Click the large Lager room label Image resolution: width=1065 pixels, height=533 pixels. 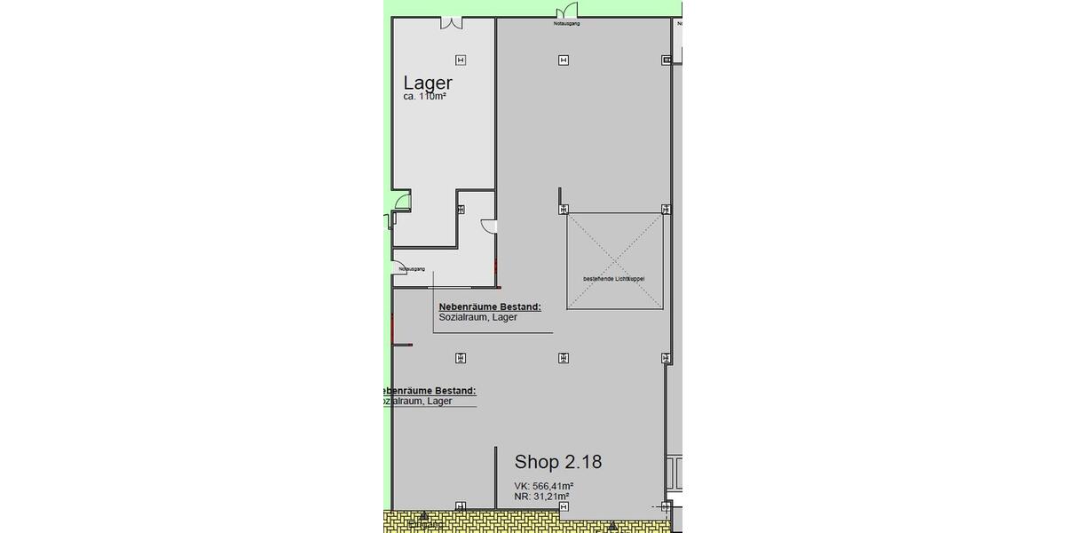pyautogui.click(x=428, y=84)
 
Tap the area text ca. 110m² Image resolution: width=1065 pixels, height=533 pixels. pyautogui.click(x=424, y=96)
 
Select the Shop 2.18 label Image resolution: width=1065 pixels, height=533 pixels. pyautogui.click(x=559, y=462)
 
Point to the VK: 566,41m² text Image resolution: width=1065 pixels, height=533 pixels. pyautogui.click(x=543, y=486)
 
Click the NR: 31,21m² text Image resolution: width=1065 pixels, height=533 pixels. pyautogui.click(x=541, y=497)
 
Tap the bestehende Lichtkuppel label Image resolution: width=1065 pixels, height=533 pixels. pyautogui.click(x=613, y=279)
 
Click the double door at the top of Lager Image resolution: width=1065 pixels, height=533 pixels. pyautogui.click(x=451, y=21)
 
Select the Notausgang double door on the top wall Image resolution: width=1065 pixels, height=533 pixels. pyautogui.click(x=566, y=12)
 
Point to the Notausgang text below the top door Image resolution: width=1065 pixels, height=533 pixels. pyautogui.click(x=566, y=24)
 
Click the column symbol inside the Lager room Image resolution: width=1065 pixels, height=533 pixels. pyautogui.click(x=460, y=60)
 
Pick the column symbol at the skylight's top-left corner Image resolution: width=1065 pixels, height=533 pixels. pyautogui.click(x=564, y=210)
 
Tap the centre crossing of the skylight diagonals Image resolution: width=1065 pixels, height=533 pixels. pyautogui.click(x=615, y=261)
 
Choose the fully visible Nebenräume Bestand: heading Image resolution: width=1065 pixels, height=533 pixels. pyautogui.click(x=490, y=306)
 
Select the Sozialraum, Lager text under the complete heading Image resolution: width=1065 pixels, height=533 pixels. pyautogui.click(x=477, y=317)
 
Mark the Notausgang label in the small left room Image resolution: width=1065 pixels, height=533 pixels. pyautogui.click(x=412, y=268)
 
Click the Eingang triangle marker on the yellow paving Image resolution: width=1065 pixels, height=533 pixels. pyautogui.click(x=424, y=515)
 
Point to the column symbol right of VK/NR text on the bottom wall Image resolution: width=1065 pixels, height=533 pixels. pyautogui.click(x=564, y=506)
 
